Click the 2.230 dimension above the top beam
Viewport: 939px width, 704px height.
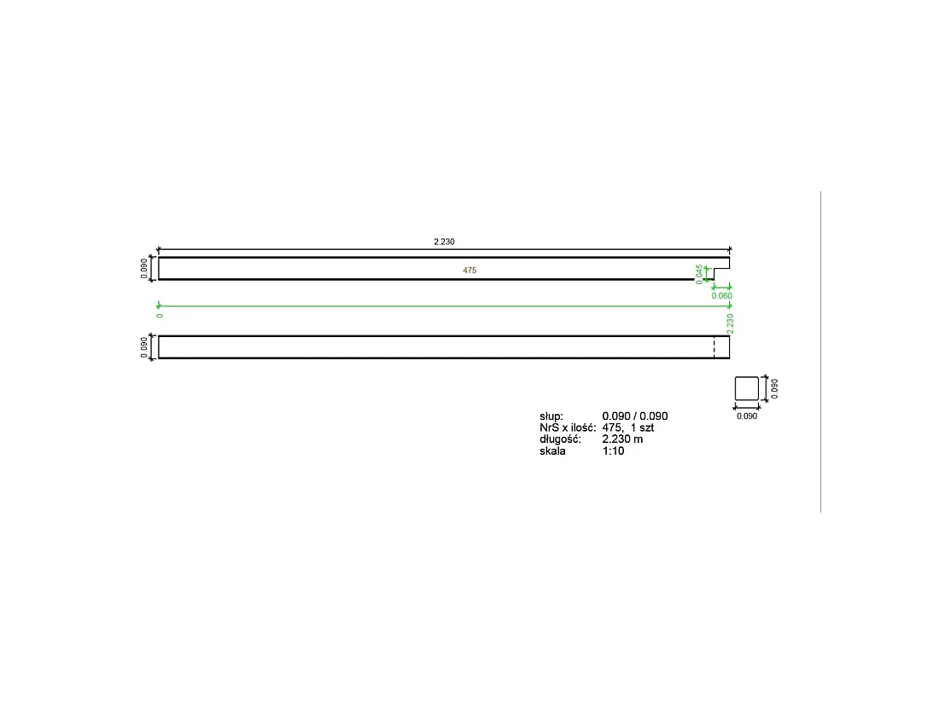tap(444, 241)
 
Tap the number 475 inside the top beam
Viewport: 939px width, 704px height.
tap(469, 271)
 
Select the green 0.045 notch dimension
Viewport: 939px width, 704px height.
tap(699, 274)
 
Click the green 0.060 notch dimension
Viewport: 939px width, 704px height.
tap(721, 296)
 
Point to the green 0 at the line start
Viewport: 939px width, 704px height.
tap(160, 316)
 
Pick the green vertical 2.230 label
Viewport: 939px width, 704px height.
tap(730, 323)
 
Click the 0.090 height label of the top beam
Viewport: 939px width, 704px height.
tap(144, 269)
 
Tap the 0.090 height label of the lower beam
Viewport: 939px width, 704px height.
tap(144, 347)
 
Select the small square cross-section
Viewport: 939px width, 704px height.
tap(747, 388)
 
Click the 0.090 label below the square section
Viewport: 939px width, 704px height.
tap(747, 416)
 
